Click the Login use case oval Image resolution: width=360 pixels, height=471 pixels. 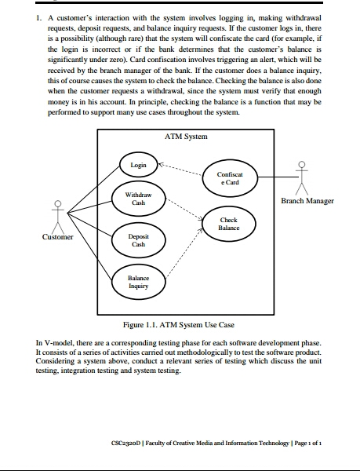point(138,166)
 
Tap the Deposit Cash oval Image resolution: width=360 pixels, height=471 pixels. point(138,239)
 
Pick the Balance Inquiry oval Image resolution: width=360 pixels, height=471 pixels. point(138,281)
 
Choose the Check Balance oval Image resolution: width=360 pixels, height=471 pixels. point(229,225)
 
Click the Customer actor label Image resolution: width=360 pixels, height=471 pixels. point(56,236)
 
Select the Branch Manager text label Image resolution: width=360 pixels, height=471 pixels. point(307,201)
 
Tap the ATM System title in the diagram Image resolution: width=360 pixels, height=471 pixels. point(186,137)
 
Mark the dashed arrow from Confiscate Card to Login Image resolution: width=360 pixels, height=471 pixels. point(180,170)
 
